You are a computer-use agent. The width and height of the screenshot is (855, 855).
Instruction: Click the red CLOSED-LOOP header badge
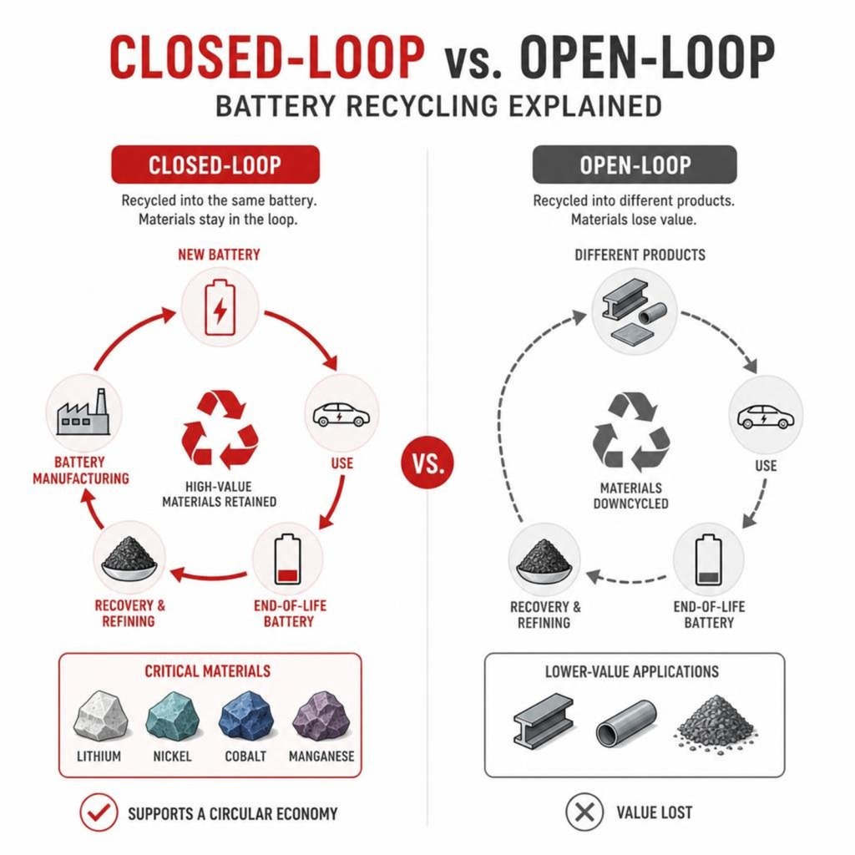click(215, 164)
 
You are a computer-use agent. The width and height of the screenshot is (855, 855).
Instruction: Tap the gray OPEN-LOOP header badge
click(635, 164)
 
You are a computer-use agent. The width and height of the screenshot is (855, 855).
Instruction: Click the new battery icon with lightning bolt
click(220, 307)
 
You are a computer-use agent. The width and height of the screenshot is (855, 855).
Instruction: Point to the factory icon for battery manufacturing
click(83, 412)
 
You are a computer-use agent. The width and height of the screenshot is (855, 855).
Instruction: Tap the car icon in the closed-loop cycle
click(341, 414)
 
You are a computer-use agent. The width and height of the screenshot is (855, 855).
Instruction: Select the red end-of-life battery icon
click(287, 559)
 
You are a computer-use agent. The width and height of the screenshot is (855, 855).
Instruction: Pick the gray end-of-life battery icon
click(708, 560)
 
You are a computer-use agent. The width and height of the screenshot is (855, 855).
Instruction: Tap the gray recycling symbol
click(631, 432)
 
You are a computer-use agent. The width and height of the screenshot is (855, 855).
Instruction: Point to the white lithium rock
click(101, 716)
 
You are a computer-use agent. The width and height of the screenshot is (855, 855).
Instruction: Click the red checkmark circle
click(99, 812)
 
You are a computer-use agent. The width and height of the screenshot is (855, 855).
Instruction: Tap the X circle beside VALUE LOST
click(584, 812)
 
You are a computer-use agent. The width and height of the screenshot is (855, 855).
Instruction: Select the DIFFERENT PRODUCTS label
click(640, 255)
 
